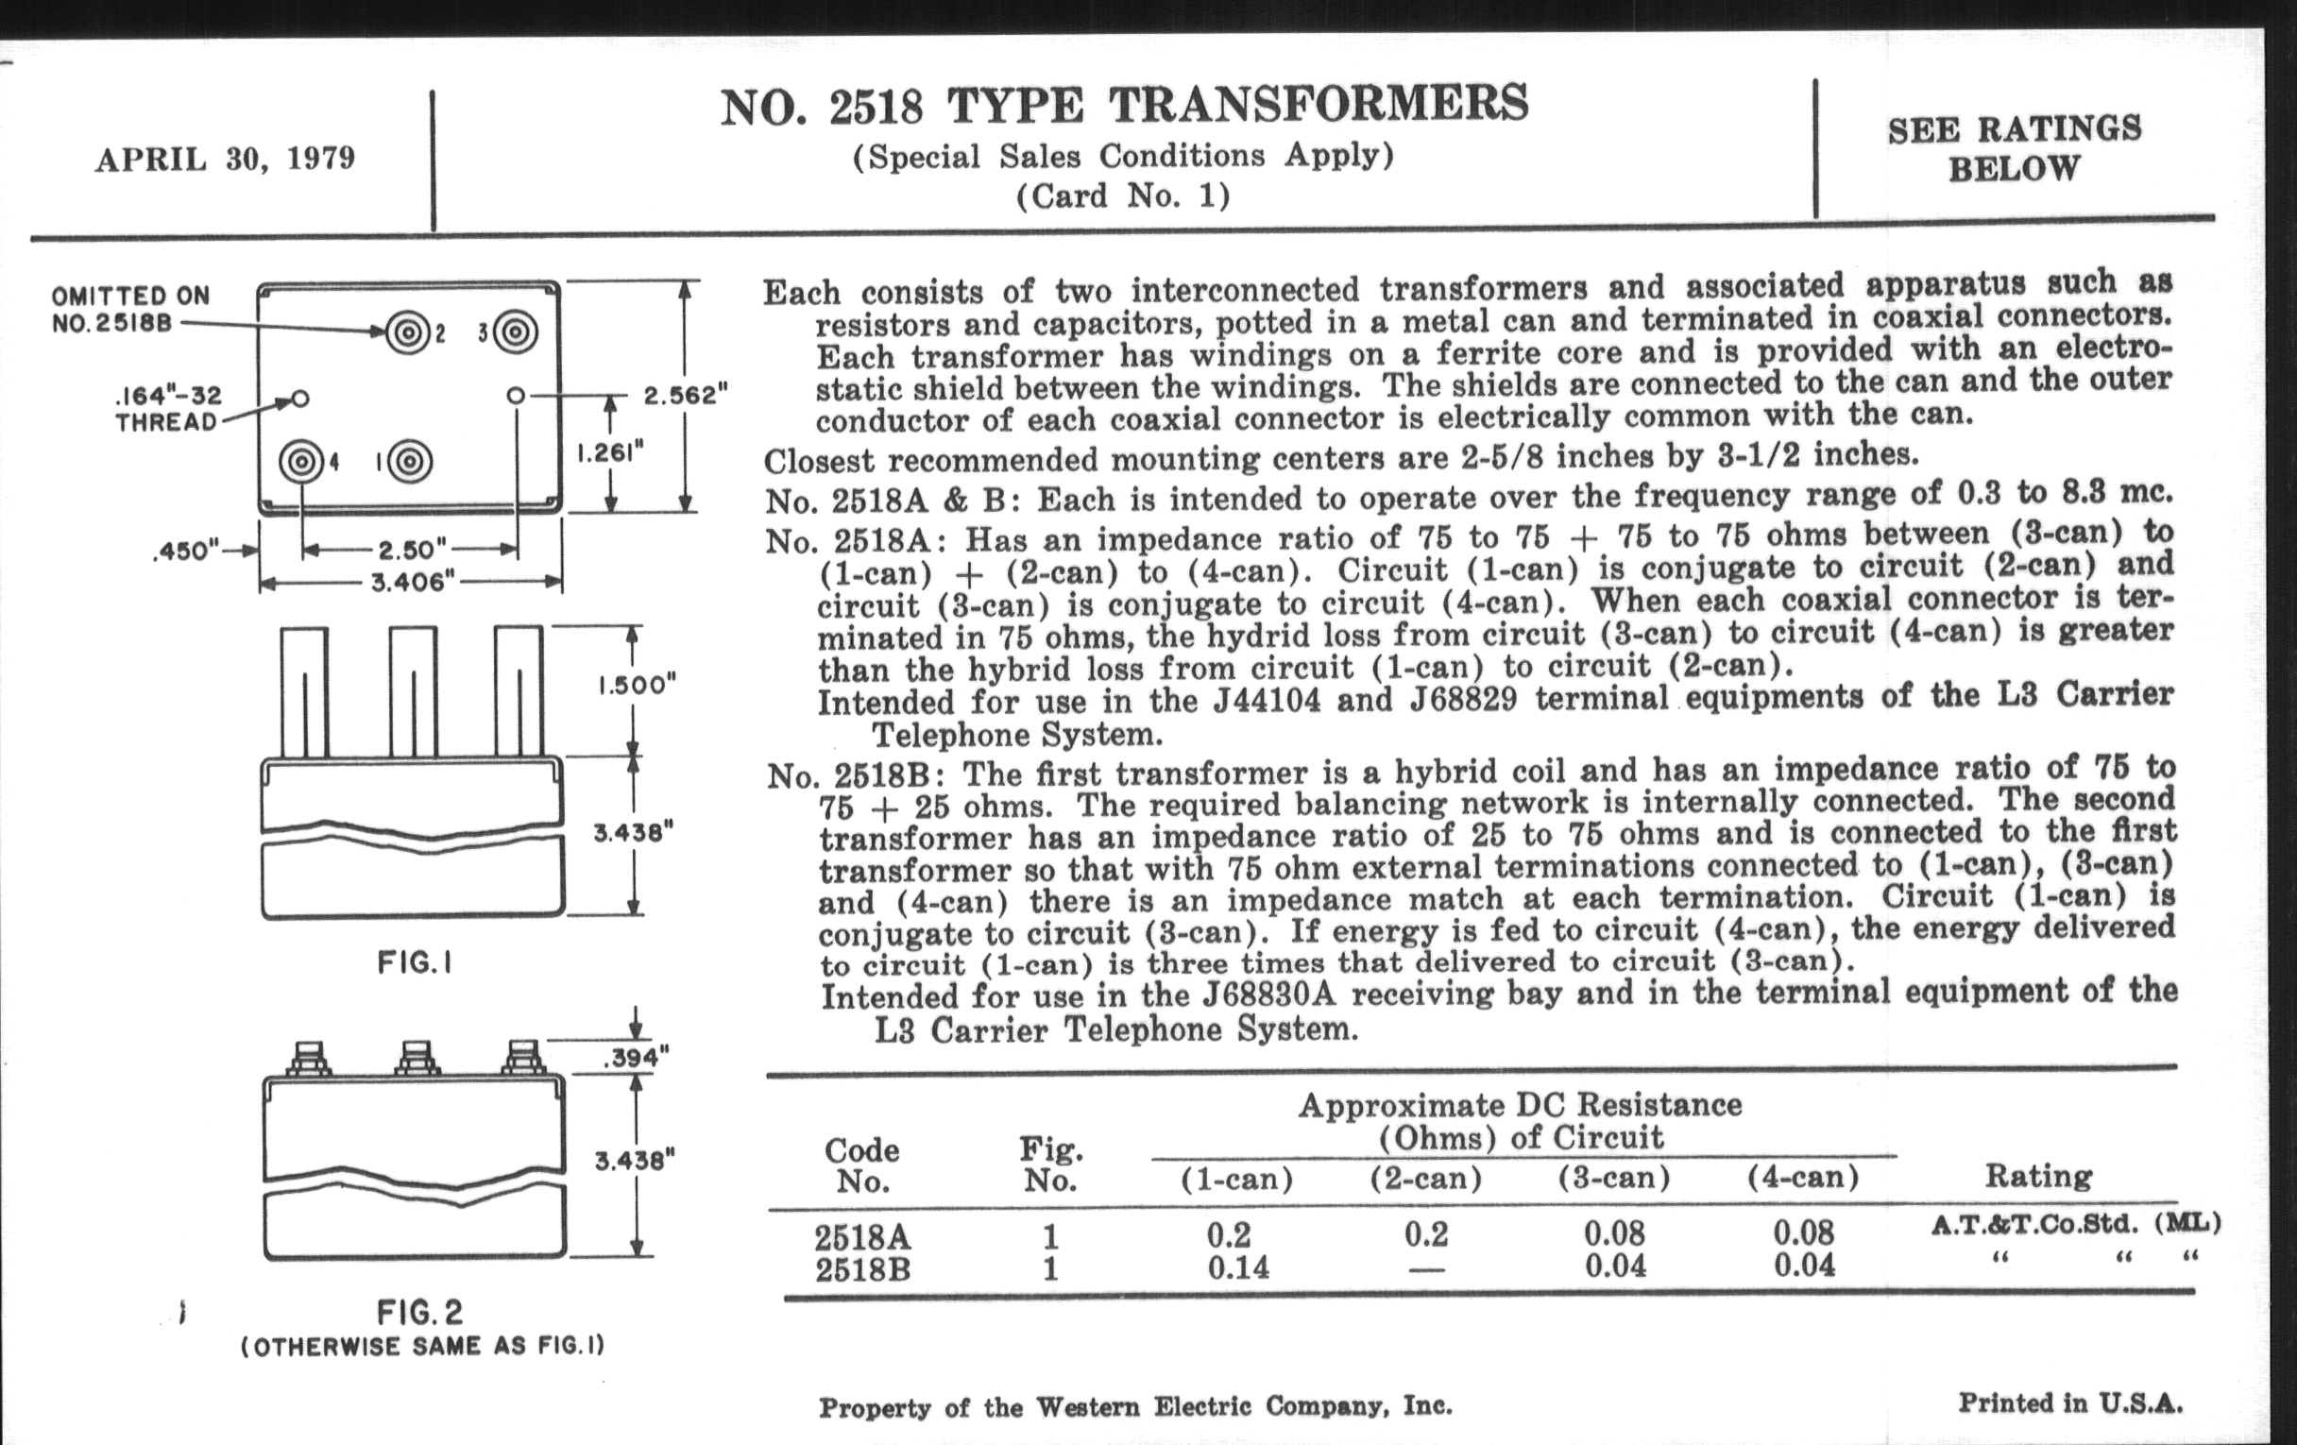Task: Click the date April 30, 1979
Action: coord(224,159)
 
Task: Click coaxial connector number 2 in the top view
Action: coord(408,332)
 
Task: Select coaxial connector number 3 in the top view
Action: coord(515,331)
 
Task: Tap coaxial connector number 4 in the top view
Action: coord(302,462)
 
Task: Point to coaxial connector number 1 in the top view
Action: coord(410,462)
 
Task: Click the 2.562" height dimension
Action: coord(686,394)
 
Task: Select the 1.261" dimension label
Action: coord(611,452)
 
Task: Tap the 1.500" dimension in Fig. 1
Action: coord(637,685)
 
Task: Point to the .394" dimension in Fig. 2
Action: coord(636,1057)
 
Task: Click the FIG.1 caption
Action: coord(414,963)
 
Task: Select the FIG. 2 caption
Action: coord(419,1313)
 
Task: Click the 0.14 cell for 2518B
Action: coord(1237,1267)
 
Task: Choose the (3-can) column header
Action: coord(1614,1179)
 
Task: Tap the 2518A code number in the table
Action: coord(862,1237)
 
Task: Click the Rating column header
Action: coord(2038,1176)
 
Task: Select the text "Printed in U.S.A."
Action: coord(2070,1403)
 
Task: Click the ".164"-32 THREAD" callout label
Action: coord(168,409)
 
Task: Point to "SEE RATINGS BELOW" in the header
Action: coord(2014,149)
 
